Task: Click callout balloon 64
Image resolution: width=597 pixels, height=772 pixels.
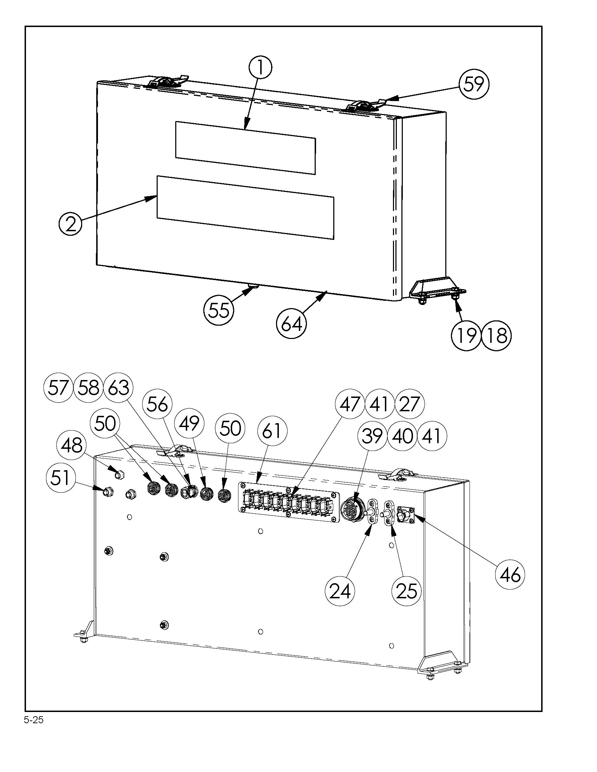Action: tap(291, 324)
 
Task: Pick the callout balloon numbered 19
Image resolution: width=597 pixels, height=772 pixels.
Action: tap(466, 335)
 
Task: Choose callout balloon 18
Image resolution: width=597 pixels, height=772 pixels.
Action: tap(497, 335)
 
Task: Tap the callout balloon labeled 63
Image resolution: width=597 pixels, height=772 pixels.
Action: tap(118, 387)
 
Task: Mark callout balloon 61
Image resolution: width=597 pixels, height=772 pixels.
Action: tap(271, 431)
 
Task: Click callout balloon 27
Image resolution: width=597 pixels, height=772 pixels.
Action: tap(409, 404)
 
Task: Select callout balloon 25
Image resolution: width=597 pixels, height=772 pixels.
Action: tap(406, 591)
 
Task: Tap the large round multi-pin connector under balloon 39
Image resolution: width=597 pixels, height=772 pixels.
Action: tap(350, 510)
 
